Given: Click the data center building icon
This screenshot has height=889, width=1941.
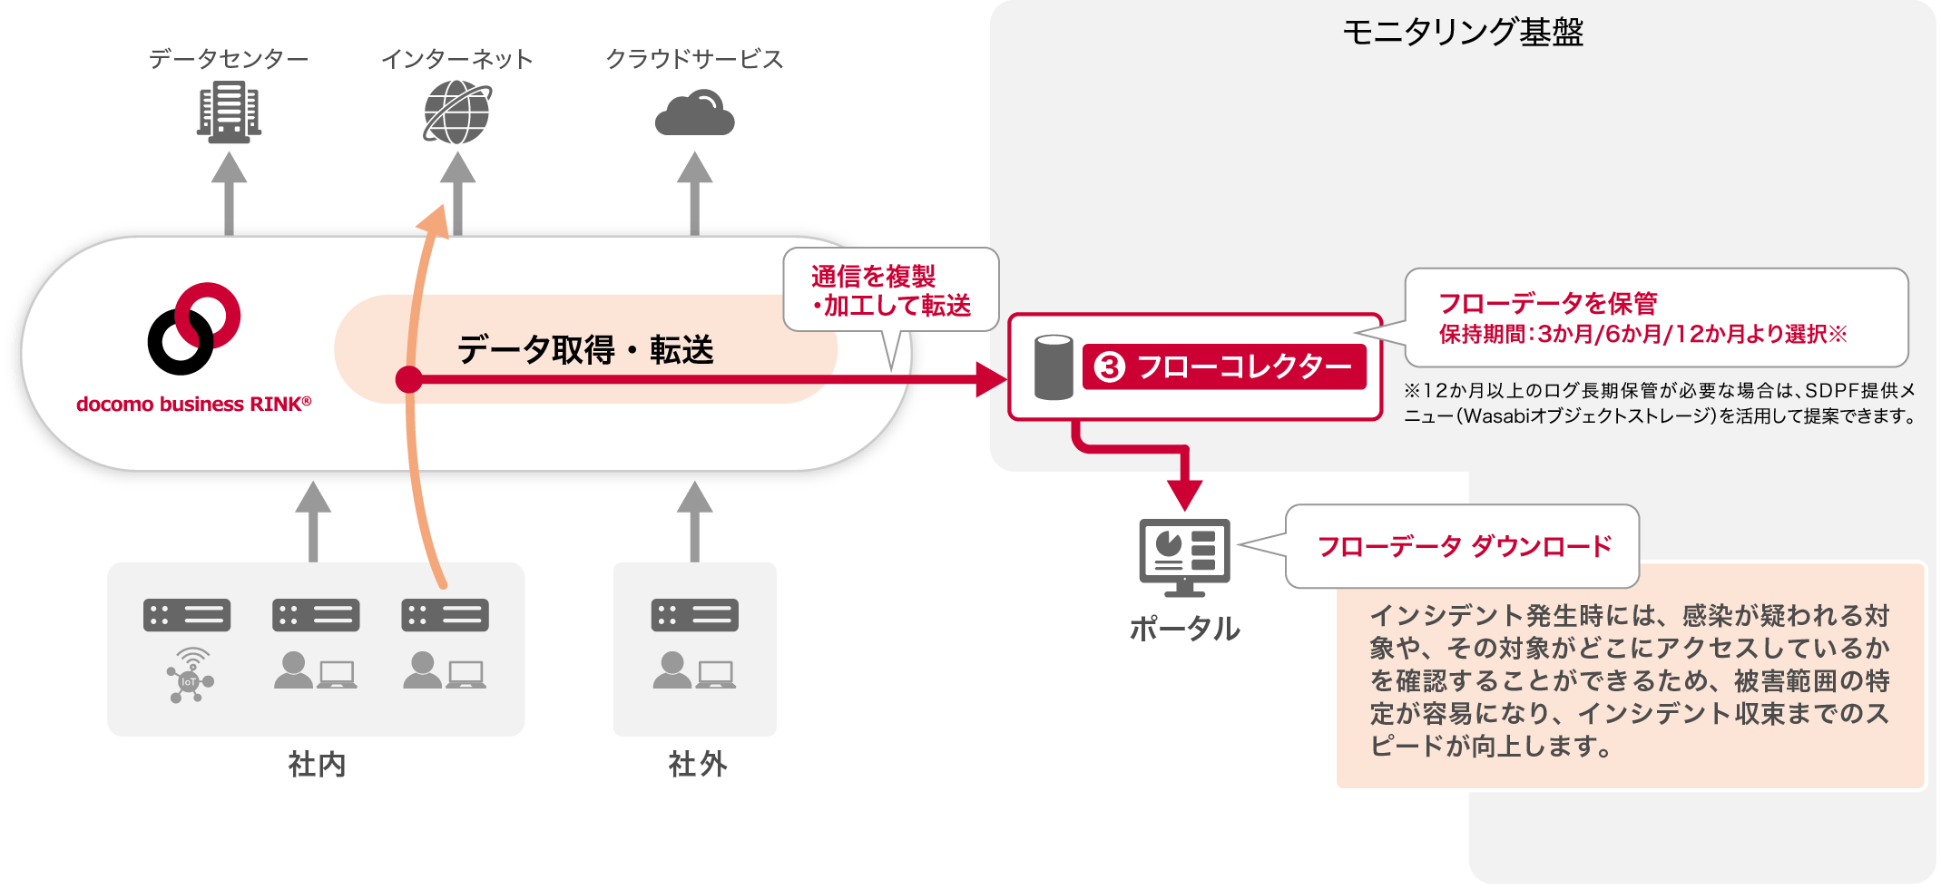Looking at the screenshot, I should coord(229,112).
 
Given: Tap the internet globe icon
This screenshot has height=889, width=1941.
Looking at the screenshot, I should coord(457,112).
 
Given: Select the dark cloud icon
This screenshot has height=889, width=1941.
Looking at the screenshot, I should coord(694,113).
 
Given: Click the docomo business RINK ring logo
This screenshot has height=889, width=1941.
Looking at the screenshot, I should coord(194,328).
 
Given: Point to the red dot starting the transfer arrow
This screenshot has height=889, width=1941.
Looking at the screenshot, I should coord(409,379).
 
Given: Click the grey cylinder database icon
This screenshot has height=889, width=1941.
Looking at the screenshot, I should coord(1054,367).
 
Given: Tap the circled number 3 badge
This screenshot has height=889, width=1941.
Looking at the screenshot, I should coord(1109,367).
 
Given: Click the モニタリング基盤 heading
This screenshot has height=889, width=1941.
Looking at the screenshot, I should coord(1463,33).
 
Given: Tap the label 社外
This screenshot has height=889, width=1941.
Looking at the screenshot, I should coord(697,765).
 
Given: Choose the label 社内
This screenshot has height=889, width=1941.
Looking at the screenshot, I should coord(317,765).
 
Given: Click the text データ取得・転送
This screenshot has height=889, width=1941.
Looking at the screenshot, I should coord(585,350).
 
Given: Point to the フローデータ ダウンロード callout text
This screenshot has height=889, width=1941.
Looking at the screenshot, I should coord(1464,546).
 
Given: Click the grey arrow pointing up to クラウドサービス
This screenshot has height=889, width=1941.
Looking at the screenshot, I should coord(694,192).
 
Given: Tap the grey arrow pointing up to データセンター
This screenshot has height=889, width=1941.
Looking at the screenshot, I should coord(229,192).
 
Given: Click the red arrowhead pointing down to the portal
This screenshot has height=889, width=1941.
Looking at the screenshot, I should coord(1185,495).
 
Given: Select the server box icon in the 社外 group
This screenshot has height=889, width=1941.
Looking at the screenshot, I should coord(694,615).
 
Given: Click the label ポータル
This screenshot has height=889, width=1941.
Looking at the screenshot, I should coord(1184,629).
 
